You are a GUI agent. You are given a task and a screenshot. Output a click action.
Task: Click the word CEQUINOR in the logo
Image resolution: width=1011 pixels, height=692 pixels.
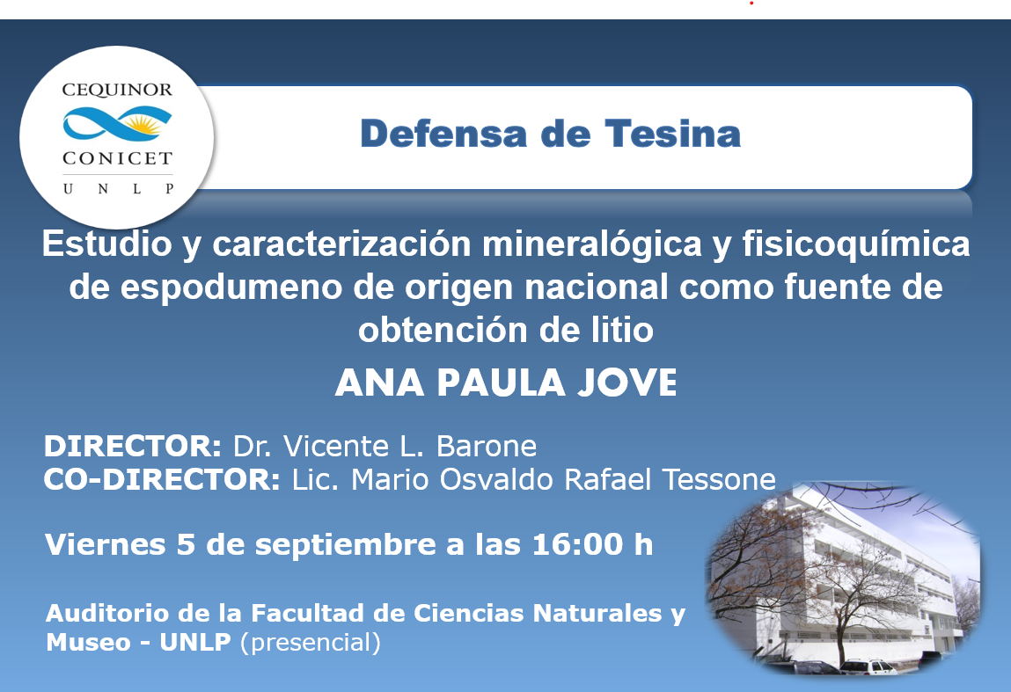tap(117, 90)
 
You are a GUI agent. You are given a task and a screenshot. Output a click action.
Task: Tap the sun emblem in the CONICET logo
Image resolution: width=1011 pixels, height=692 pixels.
tap(145, 122)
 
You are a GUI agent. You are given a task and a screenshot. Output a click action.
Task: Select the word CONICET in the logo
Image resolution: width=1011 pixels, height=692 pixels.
tap(117, 158)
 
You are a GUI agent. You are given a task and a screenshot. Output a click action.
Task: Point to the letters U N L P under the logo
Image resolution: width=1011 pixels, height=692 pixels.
tap(118, 189)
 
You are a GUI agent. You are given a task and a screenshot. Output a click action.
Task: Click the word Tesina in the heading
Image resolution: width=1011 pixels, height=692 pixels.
tap(672, 134)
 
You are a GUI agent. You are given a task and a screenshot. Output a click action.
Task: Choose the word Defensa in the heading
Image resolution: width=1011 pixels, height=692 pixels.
tap(444, 134)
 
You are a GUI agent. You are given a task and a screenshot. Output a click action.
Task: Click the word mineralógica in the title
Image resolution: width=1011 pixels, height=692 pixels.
tap(591, 244)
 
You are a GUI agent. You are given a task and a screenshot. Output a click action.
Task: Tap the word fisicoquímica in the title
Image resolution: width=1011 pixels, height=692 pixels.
tap(855, 244)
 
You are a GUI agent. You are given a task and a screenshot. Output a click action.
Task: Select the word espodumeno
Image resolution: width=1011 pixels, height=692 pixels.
tap(231, 288)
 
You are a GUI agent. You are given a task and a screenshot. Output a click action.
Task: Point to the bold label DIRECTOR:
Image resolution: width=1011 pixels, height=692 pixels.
tap(133, 446)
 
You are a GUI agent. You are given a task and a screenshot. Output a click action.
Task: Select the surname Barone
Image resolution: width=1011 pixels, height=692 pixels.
tap(487, 446)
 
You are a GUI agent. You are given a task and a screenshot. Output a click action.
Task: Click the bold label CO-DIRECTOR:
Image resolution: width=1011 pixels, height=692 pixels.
tap(162, 479)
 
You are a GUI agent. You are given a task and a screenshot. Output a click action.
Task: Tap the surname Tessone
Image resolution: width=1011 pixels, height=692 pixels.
tap(718, 479)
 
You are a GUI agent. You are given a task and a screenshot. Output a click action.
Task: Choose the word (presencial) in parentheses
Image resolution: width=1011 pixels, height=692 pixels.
tap(310, 643)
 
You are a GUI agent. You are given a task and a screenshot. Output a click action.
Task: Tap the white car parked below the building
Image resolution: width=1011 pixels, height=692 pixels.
tap(868, 667)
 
